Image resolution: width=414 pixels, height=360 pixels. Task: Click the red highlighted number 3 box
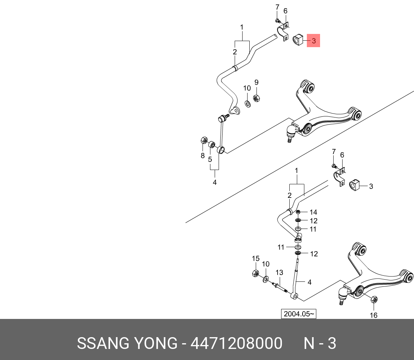pos(314,41)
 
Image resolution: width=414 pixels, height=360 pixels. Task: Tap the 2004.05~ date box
pos(299,314)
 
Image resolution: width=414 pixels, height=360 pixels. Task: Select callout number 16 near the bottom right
pos(373,315)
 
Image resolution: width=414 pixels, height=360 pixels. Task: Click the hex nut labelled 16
pos(374,299)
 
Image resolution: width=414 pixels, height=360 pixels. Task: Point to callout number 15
pos(255,259)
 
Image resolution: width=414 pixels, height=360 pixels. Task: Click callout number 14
pos(313,212)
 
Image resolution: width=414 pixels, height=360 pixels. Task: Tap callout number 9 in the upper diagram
pos(256,82)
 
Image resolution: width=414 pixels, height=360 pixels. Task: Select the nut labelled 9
pos(256,97)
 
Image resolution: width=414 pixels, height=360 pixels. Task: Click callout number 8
pos(203,155)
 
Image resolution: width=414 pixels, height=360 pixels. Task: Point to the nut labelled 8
pos(204,140)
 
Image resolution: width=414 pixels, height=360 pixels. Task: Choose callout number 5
pos(210,159)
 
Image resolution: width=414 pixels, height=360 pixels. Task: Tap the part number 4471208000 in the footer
pos(236,344)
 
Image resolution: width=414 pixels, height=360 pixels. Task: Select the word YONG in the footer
pos(155,344)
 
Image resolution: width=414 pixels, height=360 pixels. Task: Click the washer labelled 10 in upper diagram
pos(247,104)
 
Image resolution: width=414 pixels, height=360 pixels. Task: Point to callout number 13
pos(279,272)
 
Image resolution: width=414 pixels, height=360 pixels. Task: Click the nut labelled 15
pos(255,274)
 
